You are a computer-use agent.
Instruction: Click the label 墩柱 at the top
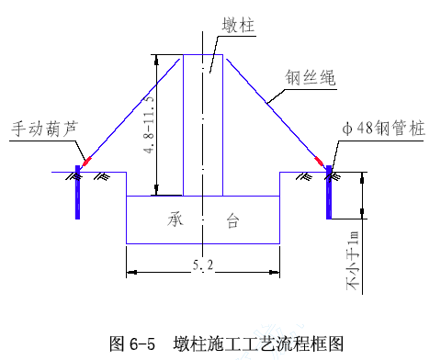point(238,25)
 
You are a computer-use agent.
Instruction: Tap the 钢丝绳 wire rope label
point(310,77)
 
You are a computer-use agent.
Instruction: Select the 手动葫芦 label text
point(45,129)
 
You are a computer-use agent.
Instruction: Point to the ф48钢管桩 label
point(384,128)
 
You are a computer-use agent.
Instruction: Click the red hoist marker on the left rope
point(87,161)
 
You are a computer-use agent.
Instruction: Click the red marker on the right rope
point(319,161)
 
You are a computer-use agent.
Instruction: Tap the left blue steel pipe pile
point(77,192)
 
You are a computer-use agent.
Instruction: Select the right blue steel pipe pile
point(329,192)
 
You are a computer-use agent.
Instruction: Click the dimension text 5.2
point(203,264)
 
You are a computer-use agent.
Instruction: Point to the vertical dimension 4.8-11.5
point(149,125)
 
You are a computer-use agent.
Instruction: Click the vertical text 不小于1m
point(352,261)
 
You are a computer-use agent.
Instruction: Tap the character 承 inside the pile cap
point(175,219)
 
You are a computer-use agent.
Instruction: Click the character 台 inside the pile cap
point(232,220)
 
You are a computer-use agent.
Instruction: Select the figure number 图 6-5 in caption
point(132,343)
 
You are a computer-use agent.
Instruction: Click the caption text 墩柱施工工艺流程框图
point(258,343)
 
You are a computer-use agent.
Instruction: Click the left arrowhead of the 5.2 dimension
point(131,272)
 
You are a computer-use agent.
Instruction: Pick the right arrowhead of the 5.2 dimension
point(275,272)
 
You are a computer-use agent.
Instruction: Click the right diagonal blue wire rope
point(276,112)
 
